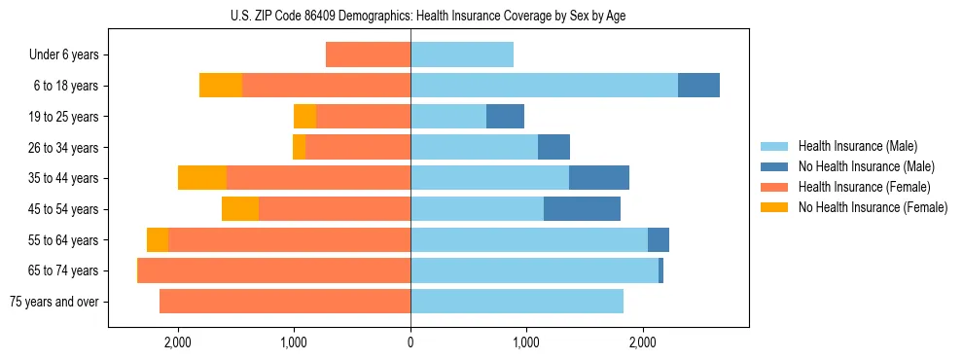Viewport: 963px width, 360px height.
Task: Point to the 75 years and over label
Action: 54,302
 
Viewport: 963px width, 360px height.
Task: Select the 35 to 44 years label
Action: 64,178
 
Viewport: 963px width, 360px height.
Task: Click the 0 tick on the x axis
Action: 410,342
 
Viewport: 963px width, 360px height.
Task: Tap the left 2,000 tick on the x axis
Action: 178,342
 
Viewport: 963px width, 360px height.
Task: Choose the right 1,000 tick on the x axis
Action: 526,342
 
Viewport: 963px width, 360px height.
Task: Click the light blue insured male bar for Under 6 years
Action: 462,54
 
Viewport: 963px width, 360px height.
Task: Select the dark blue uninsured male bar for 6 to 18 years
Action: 698,86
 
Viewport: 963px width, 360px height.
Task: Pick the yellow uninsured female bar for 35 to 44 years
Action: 202,178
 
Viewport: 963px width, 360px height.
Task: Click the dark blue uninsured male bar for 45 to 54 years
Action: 582,209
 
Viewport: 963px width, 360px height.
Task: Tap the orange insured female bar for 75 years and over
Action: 285,302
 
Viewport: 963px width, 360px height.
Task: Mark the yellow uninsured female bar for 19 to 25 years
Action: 304,117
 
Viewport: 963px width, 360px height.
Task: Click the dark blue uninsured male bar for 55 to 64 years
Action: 659,239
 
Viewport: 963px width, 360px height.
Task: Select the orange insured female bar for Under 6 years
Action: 368,54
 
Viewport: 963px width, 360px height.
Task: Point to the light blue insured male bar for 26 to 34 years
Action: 474,147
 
